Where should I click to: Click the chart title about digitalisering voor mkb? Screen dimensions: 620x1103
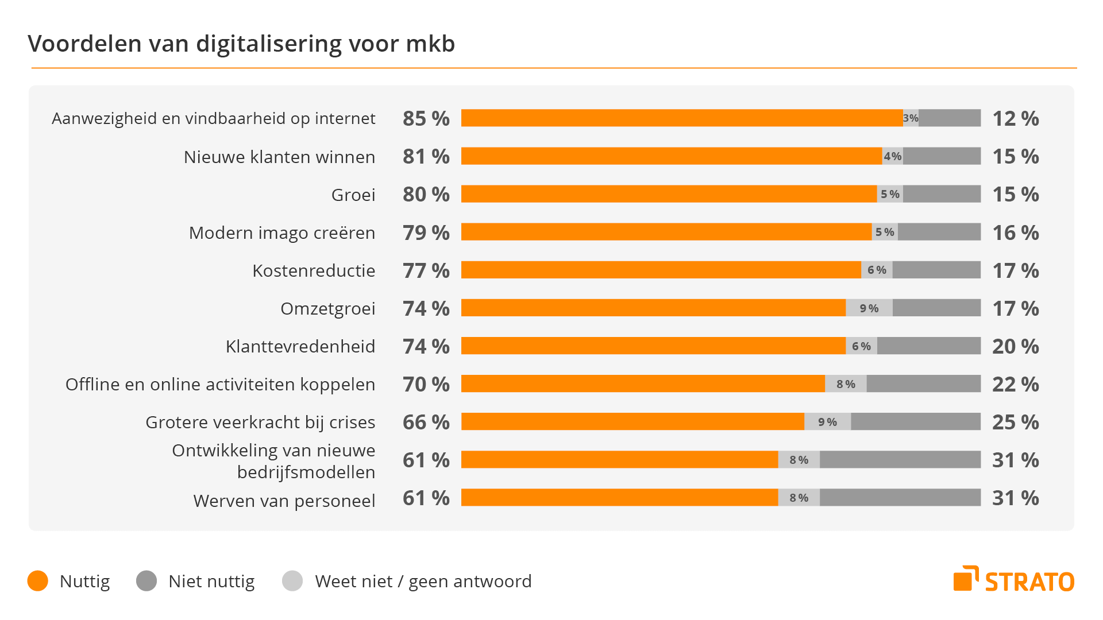pos(241,44)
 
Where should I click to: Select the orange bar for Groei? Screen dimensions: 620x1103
pos(669,194)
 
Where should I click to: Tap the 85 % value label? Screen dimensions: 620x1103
pos(426,118)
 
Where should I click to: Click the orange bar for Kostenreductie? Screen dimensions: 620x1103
pos(661,270)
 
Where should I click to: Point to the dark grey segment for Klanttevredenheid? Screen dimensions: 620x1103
pos(928,346)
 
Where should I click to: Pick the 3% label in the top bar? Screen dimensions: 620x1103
pos(911,118)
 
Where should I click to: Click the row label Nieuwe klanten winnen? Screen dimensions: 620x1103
pos(279,157)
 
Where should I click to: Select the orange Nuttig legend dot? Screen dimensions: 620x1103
pos(38,581)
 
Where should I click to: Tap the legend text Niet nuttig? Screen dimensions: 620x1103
pos(211,581)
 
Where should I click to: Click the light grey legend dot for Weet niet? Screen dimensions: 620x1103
pos(292,581)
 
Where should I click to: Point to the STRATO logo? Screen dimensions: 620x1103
pos(1013,580)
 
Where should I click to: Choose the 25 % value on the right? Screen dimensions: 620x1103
pos(1015,422)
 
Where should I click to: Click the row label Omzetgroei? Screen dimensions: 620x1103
pos(327,308)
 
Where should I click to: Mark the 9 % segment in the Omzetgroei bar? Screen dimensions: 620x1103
pos(869,308)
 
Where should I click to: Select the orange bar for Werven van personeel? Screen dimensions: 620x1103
pos(619,498)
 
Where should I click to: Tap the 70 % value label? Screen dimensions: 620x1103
pos(426,384)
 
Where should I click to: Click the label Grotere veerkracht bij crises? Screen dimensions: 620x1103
pos(260,422)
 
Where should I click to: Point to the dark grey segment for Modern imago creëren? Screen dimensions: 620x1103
pos(939,232)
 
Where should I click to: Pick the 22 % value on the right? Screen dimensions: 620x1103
pos(1015,384)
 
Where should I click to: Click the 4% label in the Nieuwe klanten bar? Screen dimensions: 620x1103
pos(892,156)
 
